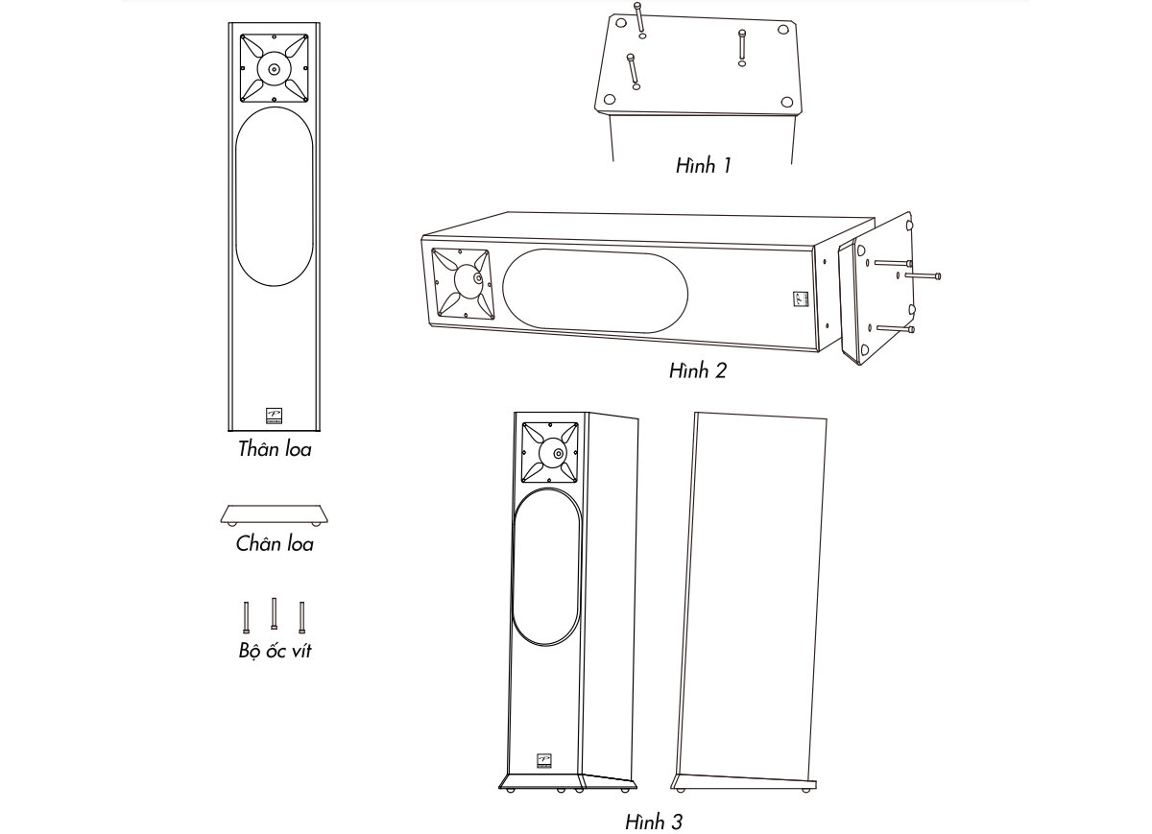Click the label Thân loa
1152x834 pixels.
(275, 449)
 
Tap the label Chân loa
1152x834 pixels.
(275, 543)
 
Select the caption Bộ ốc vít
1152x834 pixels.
(276, 651)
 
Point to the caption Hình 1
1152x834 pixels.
(703, 166)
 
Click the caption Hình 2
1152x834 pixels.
(698, 370)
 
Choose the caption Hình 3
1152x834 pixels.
(654, 822)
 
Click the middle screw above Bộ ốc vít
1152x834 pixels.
(275, 613)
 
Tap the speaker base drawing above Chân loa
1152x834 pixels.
(275, 515)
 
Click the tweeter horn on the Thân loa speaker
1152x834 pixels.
(275, 68)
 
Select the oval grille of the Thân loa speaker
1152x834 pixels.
(275, 197)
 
